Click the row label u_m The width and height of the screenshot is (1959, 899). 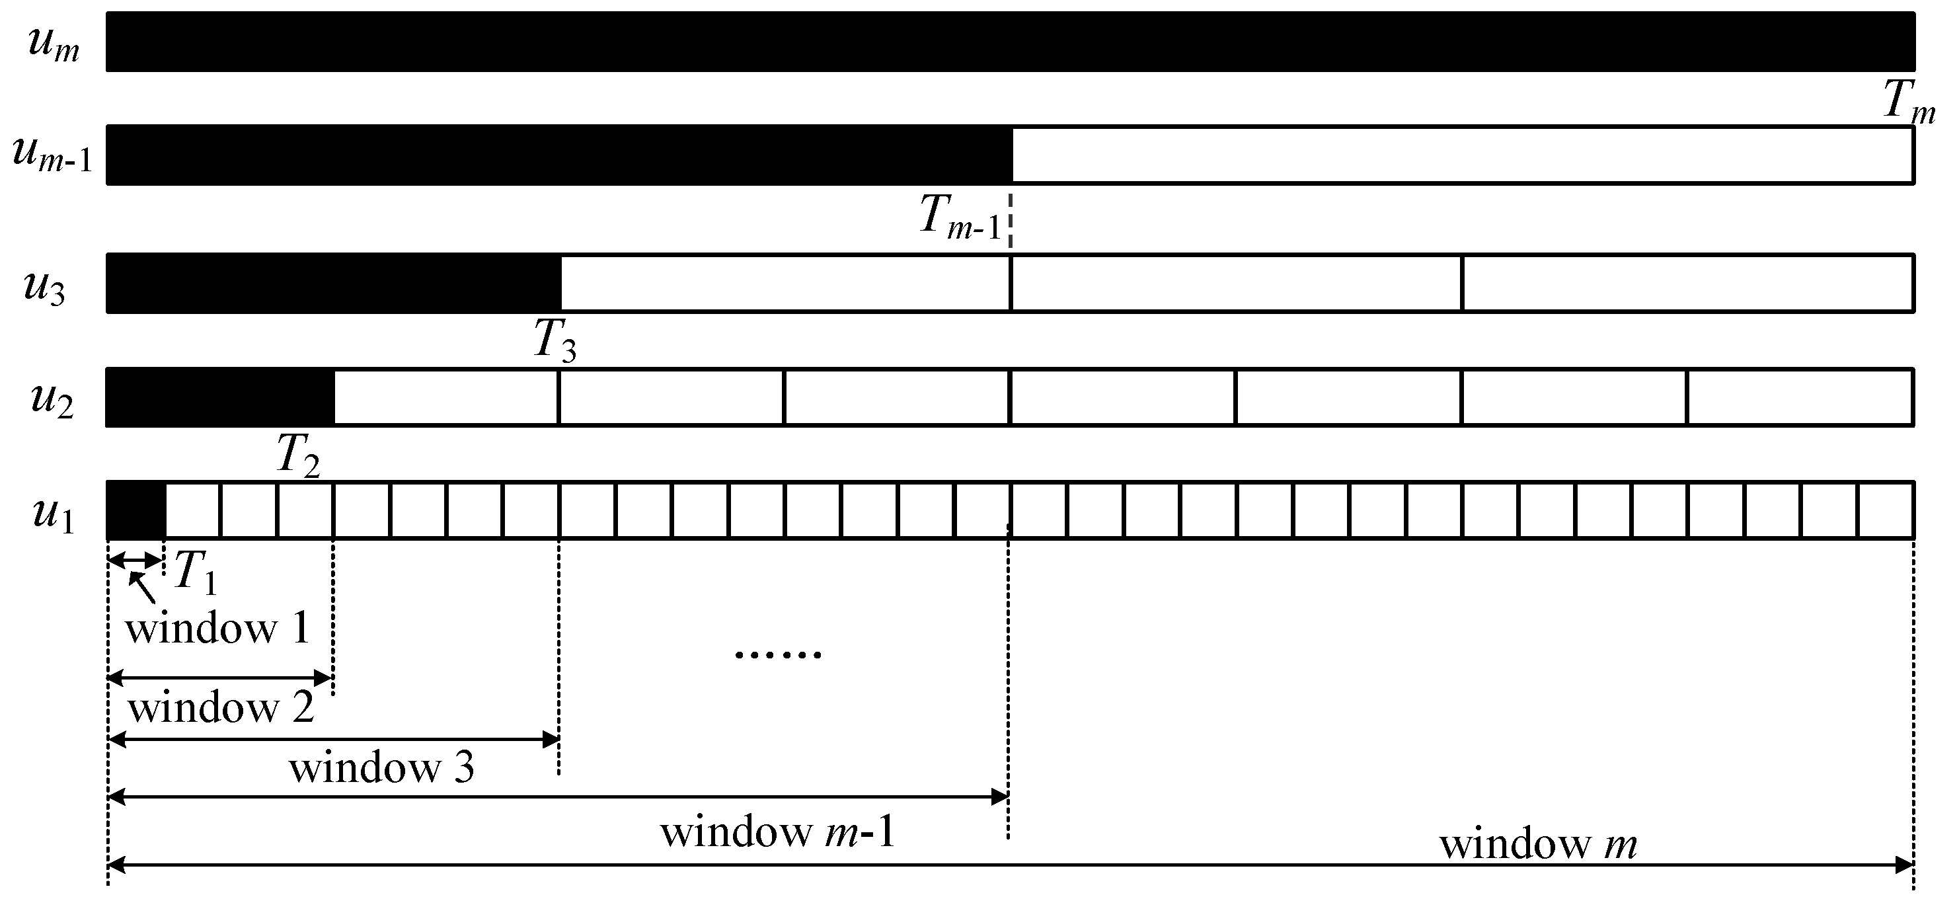pyautogui.click(x=54, y=44)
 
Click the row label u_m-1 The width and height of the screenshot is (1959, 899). pyautogui.click(x=52, y=155)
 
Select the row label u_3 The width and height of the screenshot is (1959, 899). pyautogui.click(x=44, y=288)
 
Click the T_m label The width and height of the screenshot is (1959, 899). pyautogui.click(x=1909, y=102)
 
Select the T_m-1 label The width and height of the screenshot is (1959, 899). pyautogui.click(x=960, y=217)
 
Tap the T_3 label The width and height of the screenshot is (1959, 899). pyautogui.click(x=555, y=340)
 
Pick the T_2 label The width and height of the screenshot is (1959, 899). pyautogui.click(x=297, y=455)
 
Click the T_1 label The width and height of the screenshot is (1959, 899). pyautogui.click(x=196, y=572)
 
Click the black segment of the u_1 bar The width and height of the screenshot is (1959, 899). pyautogui.click(x=136, y=510)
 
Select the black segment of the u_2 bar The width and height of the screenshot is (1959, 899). pyautogui.click(x=220, y=397)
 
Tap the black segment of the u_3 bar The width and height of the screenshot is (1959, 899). pyautogui.click(x=333, y=283)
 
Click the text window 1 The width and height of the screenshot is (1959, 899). pyautogui.click(x=217, y=629)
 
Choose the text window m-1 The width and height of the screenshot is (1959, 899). pyautogui.click(x=778, y=832)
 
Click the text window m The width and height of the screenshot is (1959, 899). pyautogui.click(x=1538, y=844)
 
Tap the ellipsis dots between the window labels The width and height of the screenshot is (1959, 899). pyautogui.click(x=777, y=654)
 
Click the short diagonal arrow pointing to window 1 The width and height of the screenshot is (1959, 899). pyautogui.click(x=142, y=588)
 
